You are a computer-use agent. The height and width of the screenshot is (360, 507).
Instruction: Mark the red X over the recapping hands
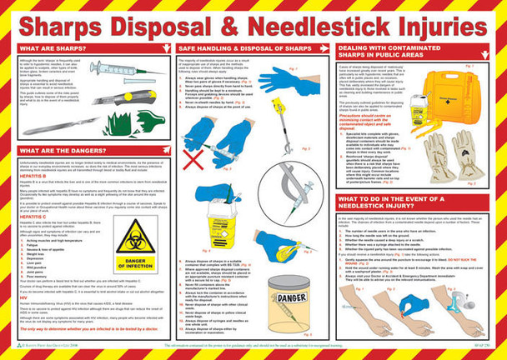click(x=198, y=156)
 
